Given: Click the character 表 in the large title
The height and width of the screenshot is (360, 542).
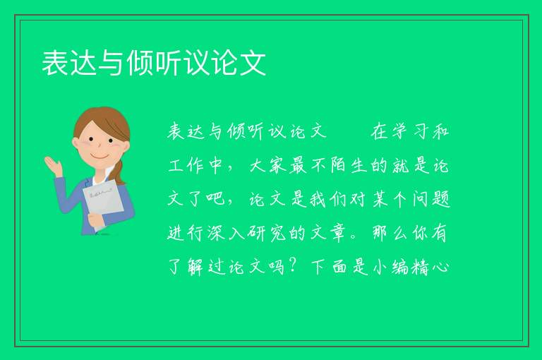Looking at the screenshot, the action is [55, 63].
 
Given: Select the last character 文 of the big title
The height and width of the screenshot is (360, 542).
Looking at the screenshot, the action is [253, 63].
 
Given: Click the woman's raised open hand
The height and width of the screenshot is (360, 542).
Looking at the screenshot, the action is [53, 166].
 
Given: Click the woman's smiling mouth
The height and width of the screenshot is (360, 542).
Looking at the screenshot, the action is [100, 157].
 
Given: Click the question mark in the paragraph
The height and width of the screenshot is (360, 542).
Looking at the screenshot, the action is [293, 266].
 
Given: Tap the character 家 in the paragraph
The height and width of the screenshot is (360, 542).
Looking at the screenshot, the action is [277, 165].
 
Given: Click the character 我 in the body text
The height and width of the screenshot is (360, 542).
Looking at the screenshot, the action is [318, 199].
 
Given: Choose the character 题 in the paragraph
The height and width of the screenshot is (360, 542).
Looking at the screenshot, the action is [440, 199].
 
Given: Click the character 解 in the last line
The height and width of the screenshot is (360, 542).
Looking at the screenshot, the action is [196, 267].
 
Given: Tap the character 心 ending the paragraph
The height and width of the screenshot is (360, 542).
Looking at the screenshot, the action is [440, 267].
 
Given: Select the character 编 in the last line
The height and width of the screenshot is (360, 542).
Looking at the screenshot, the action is [401, 267].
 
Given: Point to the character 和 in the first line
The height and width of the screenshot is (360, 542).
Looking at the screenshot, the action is [440, 131].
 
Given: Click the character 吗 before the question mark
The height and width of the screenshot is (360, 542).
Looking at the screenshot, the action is [277, 267].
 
